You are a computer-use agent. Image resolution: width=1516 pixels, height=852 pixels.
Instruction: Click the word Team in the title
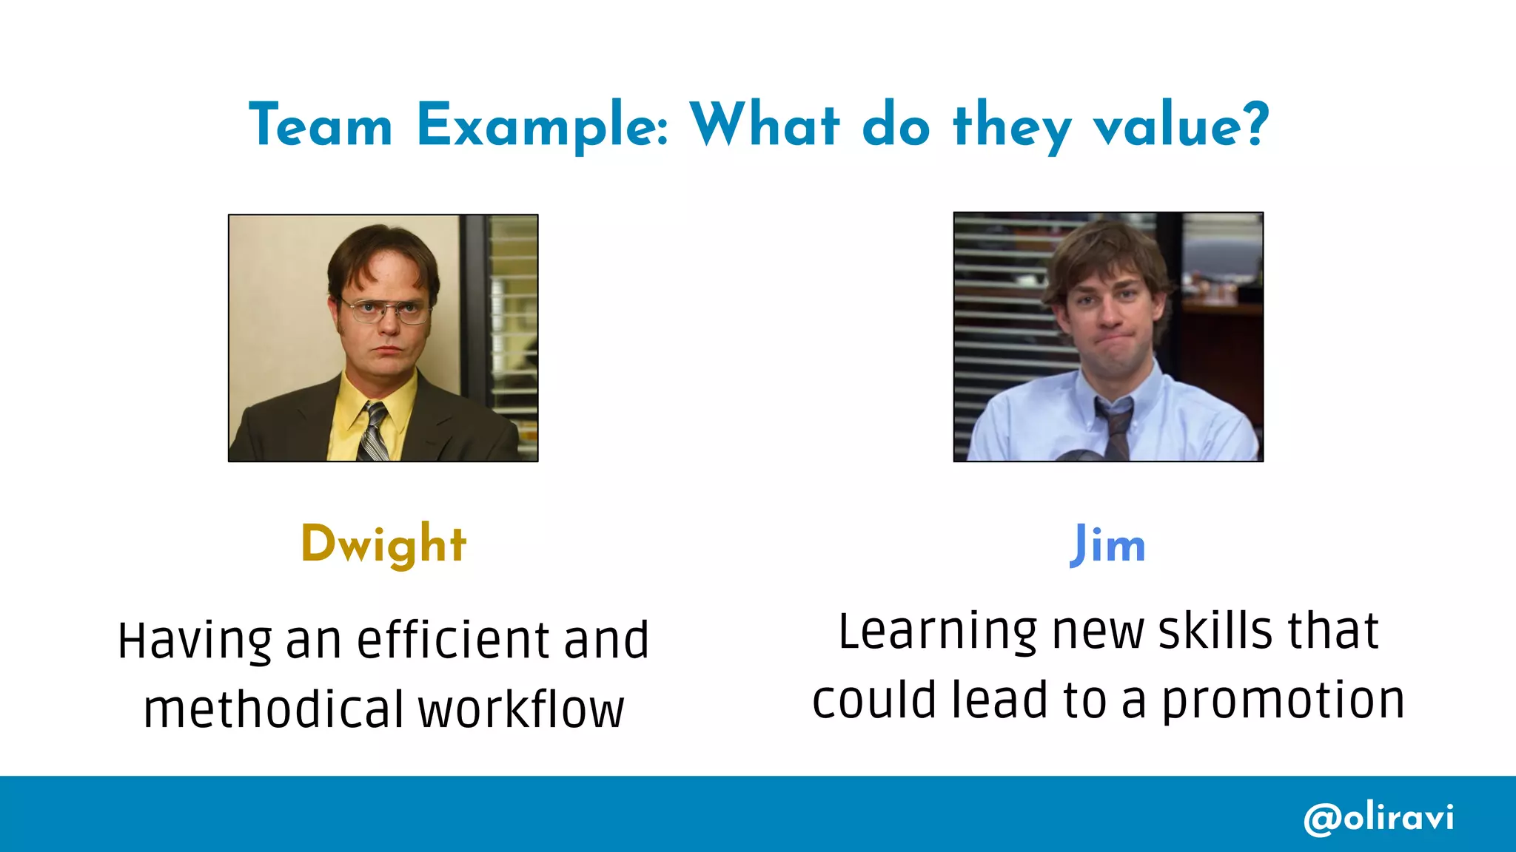[321, 126]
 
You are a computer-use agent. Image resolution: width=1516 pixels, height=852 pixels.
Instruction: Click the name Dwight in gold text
[383, 545]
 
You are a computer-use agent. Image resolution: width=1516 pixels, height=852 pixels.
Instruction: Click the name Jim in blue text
[1107, 545]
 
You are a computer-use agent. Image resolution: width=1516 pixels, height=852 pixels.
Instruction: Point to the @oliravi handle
[1378, 818]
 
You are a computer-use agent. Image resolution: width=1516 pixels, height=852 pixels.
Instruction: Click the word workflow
[521, 709]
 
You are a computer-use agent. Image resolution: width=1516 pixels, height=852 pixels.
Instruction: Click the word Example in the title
[543, 126]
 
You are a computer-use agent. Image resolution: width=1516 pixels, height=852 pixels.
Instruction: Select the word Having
[195, 641]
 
